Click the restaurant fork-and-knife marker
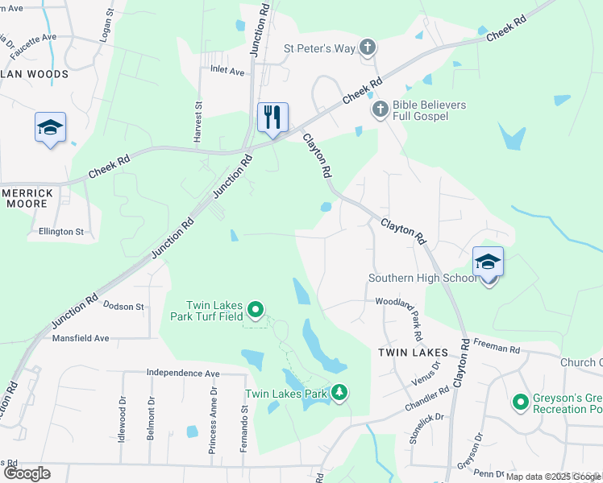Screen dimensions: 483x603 (x=272, y=118)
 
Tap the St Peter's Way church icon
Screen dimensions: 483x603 (x=367, y=47)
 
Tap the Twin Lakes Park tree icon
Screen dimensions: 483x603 (x=340, y=393)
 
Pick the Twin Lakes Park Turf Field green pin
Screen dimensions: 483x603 (x=256, y=309)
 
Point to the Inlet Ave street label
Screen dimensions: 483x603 (x=227, y=71)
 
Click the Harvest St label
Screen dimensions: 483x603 (x=197, y=122)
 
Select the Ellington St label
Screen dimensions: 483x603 (x=61, y=232)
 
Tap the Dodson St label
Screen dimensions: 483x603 (x=123, y=307)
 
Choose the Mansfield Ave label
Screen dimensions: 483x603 (x=80, y=338)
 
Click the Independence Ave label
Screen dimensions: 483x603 (x=183, y=374)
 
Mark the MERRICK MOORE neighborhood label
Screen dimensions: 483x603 (x=29, y=198)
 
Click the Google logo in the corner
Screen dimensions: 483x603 (x=27, y=473)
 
